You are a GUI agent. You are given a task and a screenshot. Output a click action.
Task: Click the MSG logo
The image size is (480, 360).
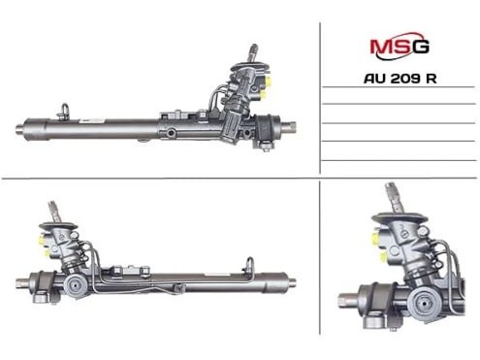click(400, 47)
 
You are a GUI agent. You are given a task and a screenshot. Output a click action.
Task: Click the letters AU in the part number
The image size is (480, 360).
click(375, 79)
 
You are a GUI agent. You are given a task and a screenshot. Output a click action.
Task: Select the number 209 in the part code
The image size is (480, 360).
click(404, 79)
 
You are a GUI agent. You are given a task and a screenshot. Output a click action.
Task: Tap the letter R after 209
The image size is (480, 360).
click(431, 79)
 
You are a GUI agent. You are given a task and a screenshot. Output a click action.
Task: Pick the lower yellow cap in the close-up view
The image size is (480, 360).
click(384, 257)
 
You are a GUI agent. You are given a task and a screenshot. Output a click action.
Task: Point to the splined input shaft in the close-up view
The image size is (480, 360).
click(395, 198)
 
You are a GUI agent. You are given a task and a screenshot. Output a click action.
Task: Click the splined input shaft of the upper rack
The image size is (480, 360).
click(252, 52)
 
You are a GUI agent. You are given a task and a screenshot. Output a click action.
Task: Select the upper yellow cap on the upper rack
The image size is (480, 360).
click(269, 80)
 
